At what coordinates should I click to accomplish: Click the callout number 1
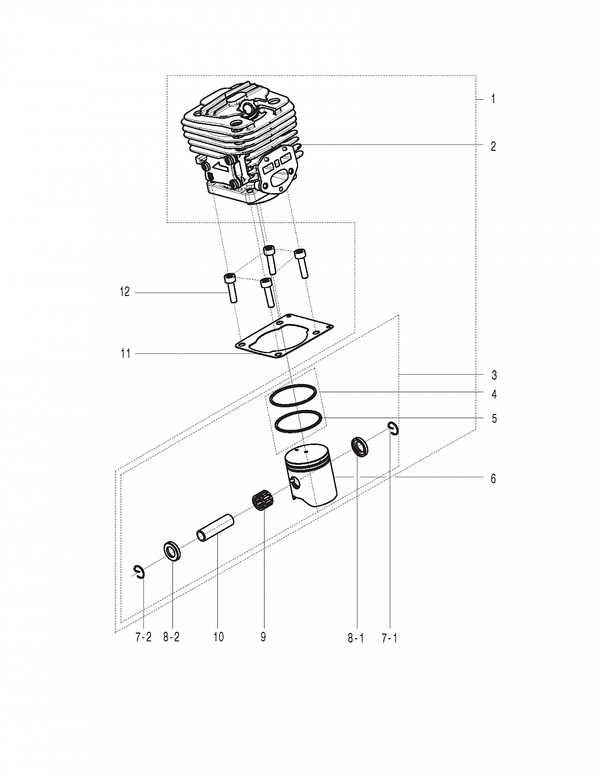(x=493, y=99)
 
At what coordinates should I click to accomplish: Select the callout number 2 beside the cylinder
(x=493, y=147)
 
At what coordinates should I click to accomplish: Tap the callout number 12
(x=124, y=292)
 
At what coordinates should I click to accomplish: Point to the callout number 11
(x=125, y=354)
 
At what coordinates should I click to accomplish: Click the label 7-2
(x=143, y=637)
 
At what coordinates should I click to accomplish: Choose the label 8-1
(x=356, y=638)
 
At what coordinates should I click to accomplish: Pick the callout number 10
(x=219, y=637)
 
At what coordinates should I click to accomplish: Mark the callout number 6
(x=493, y=478)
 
